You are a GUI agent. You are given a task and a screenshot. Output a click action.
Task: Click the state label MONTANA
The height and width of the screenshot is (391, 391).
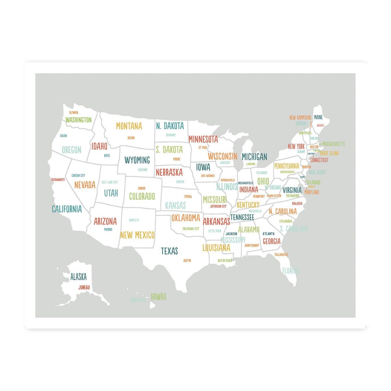[x=129, y=126]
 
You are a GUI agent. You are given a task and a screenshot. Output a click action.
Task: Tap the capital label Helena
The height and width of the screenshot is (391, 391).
[x=131, y=138]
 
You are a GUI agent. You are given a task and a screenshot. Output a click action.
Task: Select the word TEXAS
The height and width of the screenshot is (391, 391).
[x=169, y=251]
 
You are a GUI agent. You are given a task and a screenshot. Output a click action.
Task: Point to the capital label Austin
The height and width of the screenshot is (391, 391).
[x=187, y=261]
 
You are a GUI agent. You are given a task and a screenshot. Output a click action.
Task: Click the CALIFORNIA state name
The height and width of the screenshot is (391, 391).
[x=67, y=209]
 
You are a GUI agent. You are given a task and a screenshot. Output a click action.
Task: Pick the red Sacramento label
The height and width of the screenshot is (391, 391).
[x=58, y=180]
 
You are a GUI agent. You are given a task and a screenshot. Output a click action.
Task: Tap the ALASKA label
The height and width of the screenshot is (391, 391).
[x=79, y=277]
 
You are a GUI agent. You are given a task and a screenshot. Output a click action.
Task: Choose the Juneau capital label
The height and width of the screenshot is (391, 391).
[x=84, y=287]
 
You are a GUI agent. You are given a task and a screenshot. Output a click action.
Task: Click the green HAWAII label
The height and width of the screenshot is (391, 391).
[x=158, y=297]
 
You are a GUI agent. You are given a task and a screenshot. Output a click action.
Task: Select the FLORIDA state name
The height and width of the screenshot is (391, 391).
[x=291, y=271]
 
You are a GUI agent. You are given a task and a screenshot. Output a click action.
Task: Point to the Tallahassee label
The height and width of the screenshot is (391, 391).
[x=281, y=254]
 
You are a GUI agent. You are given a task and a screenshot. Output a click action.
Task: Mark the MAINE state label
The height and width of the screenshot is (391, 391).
[x=318, y=117]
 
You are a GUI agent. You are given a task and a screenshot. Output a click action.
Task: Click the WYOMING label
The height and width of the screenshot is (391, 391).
[x=137, y=160]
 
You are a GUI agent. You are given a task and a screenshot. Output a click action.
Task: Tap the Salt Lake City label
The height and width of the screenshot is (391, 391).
[x=110, y=182]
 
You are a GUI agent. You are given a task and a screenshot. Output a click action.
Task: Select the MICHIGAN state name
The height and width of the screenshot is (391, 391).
[x=254, y=157]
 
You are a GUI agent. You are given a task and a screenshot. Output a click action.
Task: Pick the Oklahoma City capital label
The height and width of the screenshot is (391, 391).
[x=191, y=229]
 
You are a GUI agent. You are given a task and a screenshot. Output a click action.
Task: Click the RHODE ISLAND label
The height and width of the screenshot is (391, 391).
[x=329, y=153]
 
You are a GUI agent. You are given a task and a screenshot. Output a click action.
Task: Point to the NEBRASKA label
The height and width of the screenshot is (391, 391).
[x=169, y=172]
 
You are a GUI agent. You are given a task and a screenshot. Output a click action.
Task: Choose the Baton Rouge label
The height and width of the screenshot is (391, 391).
[x=225, y=261]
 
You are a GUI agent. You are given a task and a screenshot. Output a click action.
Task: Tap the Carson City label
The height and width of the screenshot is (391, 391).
[x=78, y=176]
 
